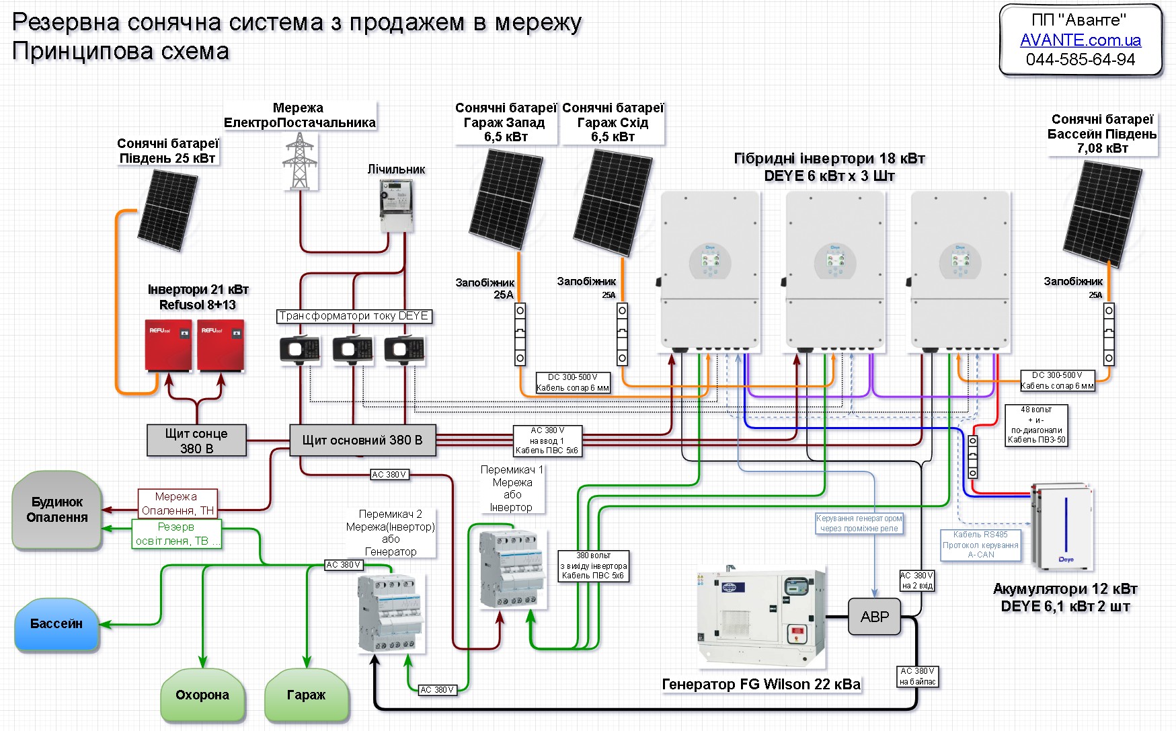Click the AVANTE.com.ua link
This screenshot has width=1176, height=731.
click(1080, 40)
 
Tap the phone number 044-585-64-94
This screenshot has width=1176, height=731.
click(1080, 60)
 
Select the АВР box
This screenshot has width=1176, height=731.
click(874, 617)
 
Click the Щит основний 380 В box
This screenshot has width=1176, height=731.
click(362, 440)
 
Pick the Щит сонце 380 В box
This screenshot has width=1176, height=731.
click(196, 441)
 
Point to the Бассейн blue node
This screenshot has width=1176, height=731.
click(56, 625)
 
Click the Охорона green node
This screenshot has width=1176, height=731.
click(202, 695)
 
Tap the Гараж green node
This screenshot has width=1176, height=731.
click(307, 695)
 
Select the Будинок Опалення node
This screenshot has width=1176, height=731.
click(57, 510)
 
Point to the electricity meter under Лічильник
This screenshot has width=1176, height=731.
click(397, 206)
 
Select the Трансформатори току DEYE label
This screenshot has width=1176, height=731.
click(354, 316)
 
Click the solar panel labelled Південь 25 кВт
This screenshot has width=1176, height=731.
click(167, 210)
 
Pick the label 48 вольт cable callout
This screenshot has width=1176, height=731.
click(1036, 425)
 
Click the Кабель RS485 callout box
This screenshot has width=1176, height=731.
click(980, 545)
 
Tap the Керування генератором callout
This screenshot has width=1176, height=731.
click(859, 523)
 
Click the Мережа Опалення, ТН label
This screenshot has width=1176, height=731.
click(178, 503)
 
